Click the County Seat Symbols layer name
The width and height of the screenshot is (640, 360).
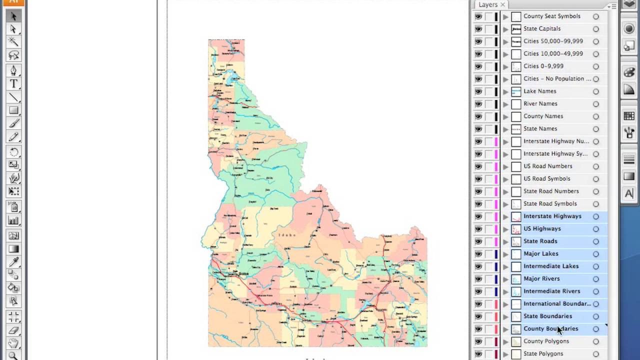click(x=551, y=16)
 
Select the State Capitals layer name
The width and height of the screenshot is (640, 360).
click(x=542, y=29)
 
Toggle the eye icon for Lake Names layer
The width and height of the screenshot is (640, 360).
click(x=478, y=91)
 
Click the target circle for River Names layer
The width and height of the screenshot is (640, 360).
click(x=595, y=104)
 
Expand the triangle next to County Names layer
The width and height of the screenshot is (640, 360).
click(x=505, y=116)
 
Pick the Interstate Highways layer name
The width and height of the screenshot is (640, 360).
click(x=552, y=216)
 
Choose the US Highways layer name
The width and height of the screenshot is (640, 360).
click(x=542, y=229)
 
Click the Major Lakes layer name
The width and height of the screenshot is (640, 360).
click(x=540, y=254)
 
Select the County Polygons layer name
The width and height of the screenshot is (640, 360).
click(x=546, y=341)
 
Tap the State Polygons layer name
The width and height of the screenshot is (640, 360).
click(x=543, y=354)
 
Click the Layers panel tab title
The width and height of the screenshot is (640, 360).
click(x=487, y=4)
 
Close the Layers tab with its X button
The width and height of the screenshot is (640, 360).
click(x=502, y=4)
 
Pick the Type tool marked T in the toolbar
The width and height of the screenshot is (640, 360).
click(x=13, y=84)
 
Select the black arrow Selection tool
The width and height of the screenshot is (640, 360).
click(x=13, y=16)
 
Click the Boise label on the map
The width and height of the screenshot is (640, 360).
click(x=243, y=273)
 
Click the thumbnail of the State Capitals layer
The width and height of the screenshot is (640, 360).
click(x=516, y=29)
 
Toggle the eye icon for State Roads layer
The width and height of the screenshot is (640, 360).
click(x=478, y=241)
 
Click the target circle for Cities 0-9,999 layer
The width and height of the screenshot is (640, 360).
click(x=595, y=66)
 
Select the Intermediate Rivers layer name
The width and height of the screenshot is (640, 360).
click(x=551, y=291)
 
